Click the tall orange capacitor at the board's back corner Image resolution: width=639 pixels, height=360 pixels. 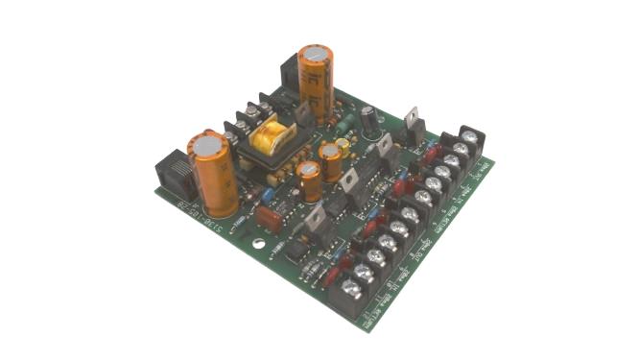point(316,82)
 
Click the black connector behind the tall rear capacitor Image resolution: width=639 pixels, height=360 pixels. point(289,73)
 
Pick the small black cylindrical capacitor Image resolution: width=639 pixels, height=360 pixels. point(368,119)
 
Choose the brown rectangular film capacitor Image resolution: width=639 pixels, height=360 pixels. point(271,220)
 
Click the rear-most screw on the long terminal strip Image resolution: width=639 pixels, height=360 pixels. point(470,138)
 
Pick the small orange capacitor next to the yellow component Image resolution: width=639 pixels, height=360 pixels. point(331,161)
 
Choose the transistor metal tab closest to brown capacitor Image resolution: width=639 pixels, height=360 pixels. point(316,220)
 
